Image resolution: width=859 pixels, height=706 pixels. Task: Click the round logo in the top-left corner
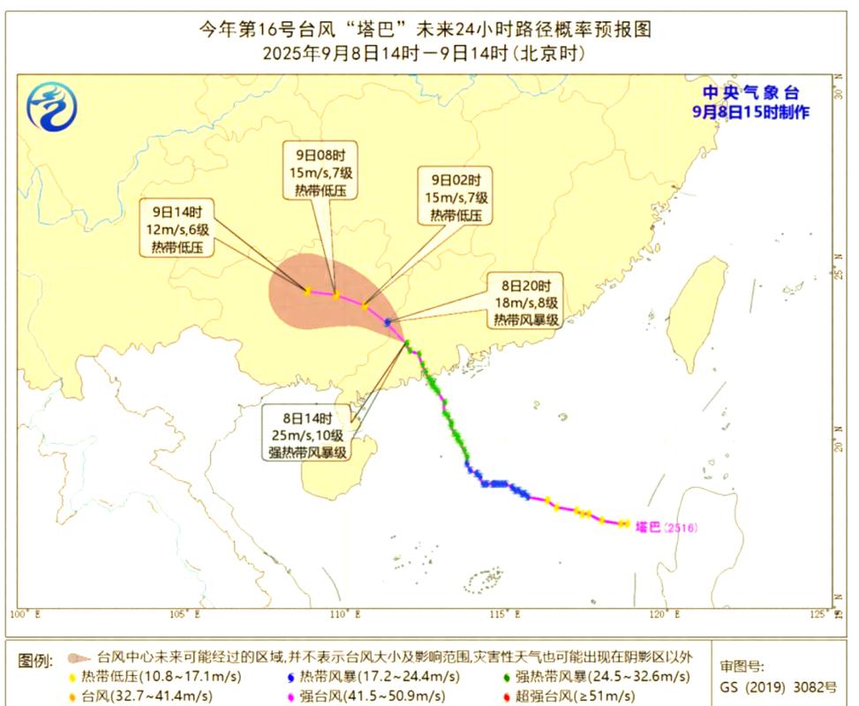[52, 108]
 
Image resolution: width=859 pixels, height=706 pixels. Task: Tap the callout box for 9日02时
[456, 197]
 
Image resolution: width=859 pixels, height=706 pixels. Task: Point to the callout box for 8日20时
[526, 303]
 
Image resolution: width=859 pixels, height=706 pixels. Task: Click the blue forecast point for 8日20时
[388, 322]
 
